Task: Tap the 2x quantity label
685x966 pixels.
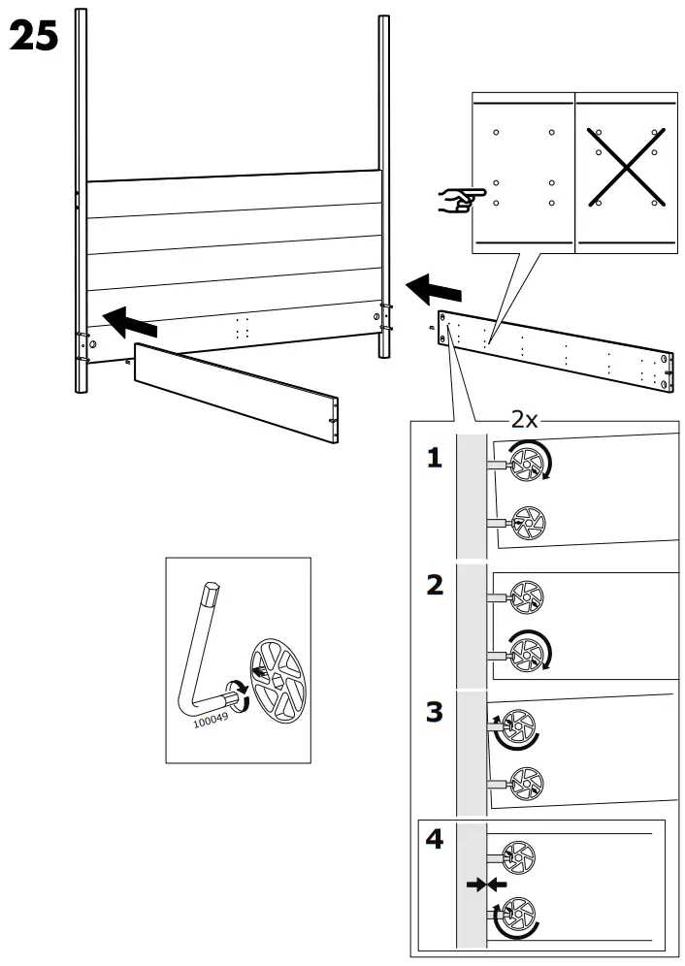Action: [525, 419]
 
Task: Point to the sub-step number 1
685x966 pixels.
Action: [435, 459]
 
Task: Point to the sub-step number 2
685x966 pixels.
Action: [435, 585]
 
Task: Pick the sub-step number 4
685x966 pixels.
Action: [435, 840]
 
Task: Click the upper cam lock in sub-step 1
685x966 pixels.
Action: [529, 465]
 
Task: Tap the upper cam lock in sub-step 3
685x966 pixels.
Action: [517, 726]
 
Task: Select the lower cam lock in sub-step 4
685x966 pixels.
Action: [517, 914]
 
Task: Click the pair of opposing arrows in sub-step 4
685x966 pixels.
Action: [486, 885]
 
